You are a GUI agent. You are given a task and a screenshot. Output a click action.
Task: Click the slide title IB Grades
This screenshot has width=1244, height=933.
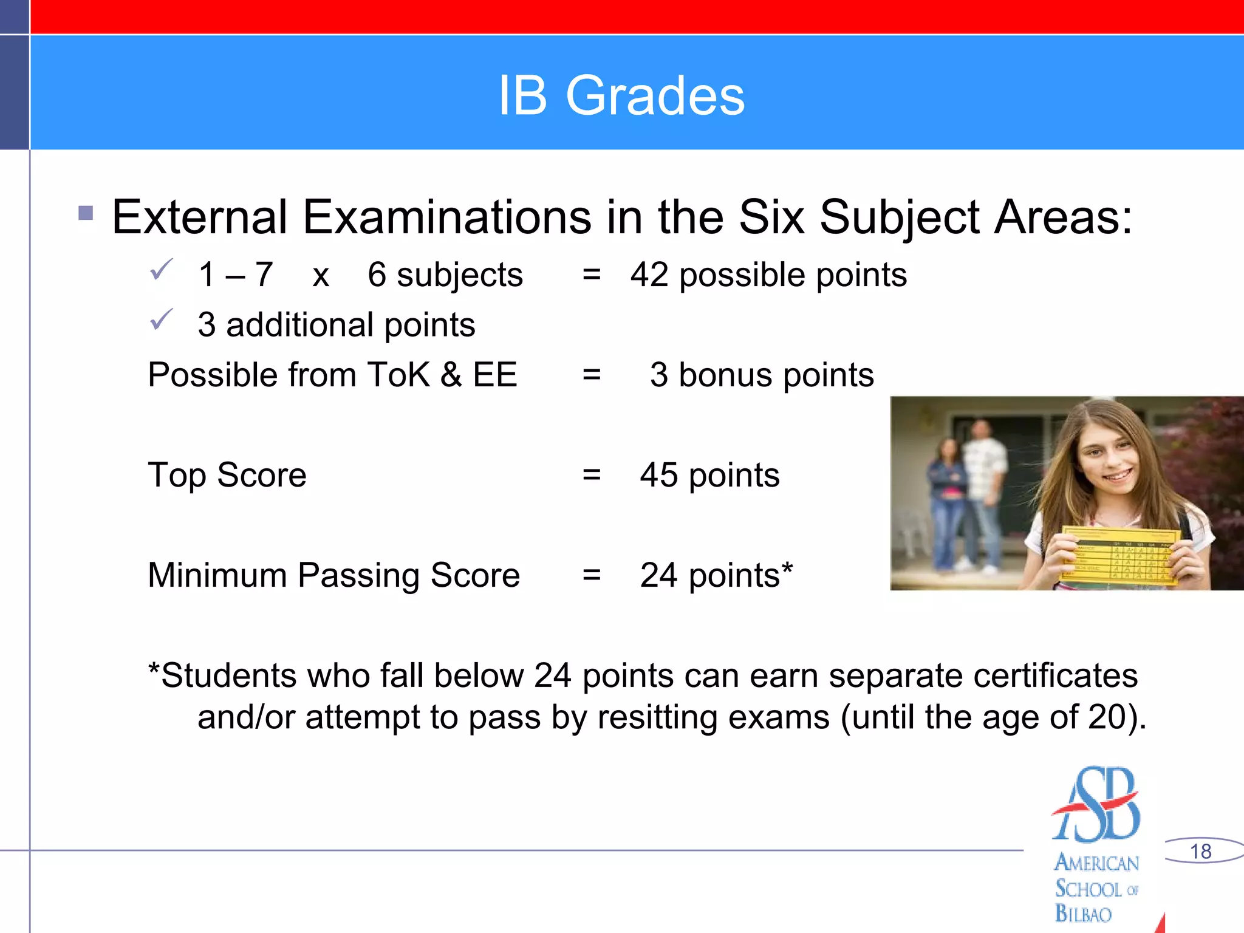pos(621,95)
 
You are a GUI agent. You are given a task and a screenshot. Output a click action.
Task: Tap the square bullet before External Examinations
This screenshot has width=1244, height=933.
pos(86,213)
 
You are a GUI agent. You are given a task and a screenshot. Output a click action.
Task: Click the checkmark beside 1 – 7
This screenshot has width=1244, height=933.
pos(162,270)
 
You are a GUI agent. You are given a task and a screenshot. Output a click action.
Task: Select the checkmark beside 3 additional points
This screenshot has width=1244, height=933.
pos(162,320)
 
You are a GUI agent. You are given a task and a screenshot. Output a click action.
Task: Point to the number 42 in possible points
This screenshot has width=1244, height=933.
pos(649,275)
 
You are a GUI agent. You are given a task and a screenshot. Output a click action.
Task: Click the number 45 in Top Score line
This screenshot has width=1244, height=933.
pos(658,474)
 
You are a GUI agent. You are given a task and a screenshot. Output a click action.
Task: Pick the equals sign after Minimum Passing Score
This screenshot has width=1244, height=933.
pos(591,575)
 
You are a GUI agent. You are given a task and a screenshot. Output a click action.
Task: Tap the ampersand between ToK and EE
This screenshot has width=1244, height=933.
pos(451,374)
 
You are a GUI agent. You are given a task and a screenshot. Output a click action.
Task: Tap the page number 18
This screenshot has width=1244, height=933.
pos(1200,851)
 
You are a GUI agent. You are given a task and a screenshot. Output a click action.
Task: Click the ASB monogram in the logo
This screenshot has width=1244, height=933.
pos(1096,805)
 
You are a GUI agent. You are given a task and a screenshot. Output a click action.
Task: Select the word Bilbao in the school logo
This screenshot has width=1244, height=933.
pos(1083,914)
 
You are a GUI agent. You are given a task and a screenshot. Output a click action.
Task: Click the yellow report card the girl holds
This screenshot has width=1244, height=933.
pos(1121,556)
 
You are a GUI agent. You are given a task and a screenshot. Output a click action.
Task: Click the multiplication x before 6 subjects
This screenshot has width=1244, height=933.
pos(321,276)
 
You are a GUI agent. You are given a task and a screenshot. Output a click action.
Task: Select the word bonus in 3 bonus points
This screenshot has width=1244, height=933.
pos(726,375)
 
